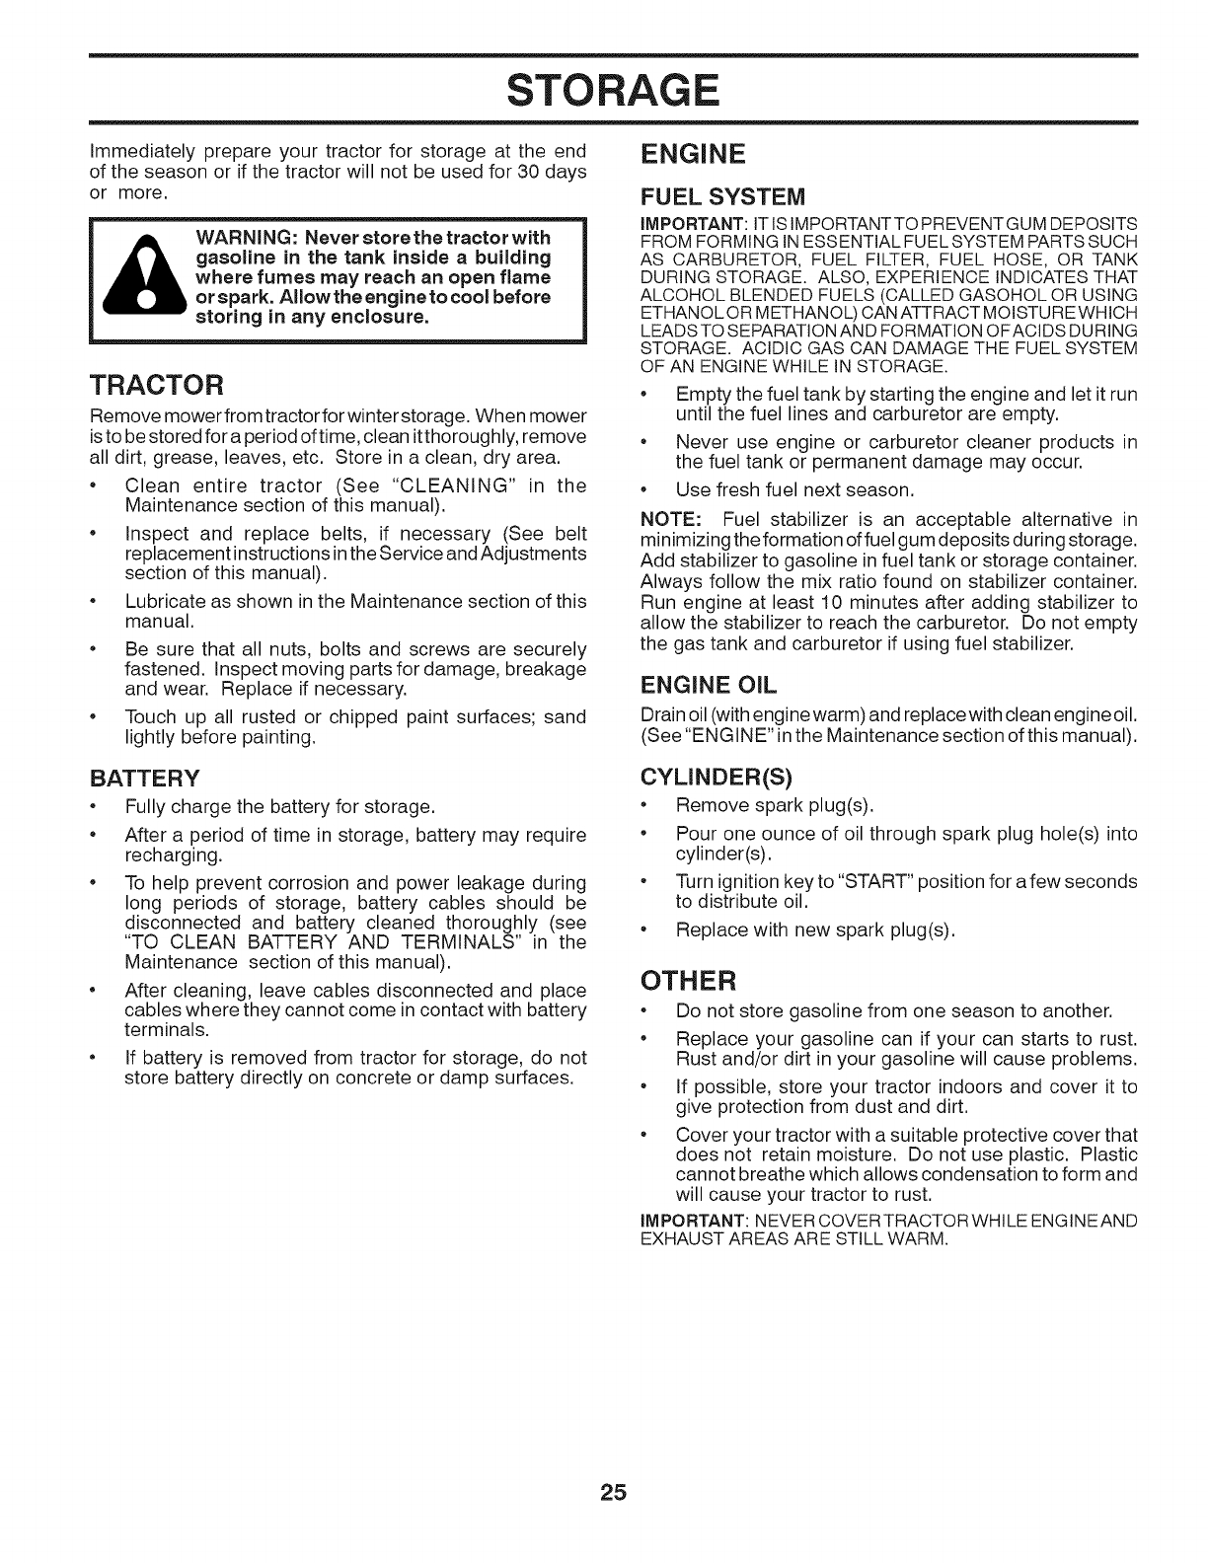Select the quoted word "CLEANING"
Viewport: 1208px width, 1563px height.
click(x=454, y=486)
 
